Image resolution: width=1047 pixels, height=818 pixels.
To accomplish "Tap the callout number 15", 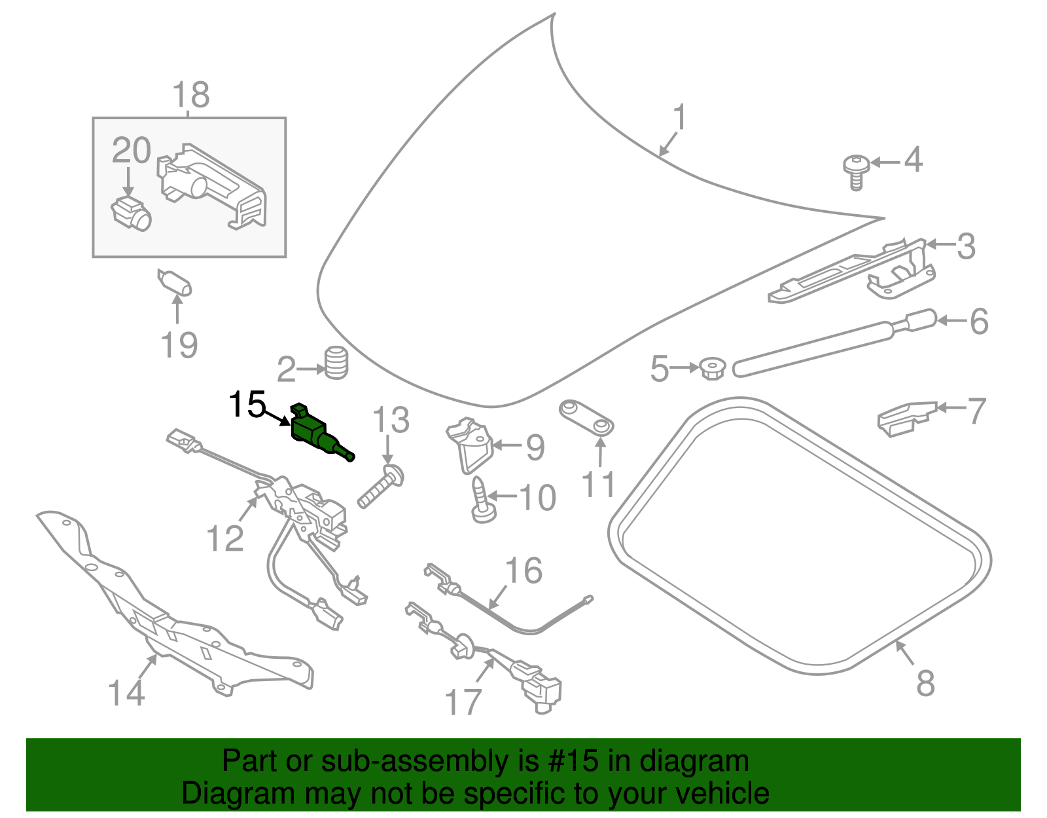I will point(247,405).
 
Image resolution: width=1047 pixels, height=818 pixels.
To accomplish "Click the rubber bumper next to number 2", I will point(336,362).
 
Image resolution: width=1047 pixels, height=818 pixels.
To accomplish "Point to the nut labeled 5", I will point(712,368).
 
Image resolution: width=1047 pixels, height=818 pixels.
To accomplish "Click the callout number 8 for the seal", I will point(925,683).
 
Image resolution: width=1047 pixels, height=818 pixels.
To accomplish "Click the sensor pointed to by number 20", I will point(131,214).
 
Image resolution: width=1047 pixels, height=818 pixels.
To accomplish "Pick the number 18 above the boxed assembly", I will point(191,95).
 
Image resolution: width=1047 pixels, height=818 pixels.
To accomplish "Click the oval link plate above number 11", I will point(586,417).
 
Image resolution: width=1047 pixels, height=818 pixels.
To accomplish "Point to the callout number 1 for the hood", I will point(681,118).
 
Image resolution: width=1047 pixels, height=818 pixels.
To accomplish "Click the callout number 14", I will point(126,693).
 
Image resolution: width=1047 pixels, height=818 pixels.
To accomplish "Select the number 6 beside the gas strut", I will point(979,322).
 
